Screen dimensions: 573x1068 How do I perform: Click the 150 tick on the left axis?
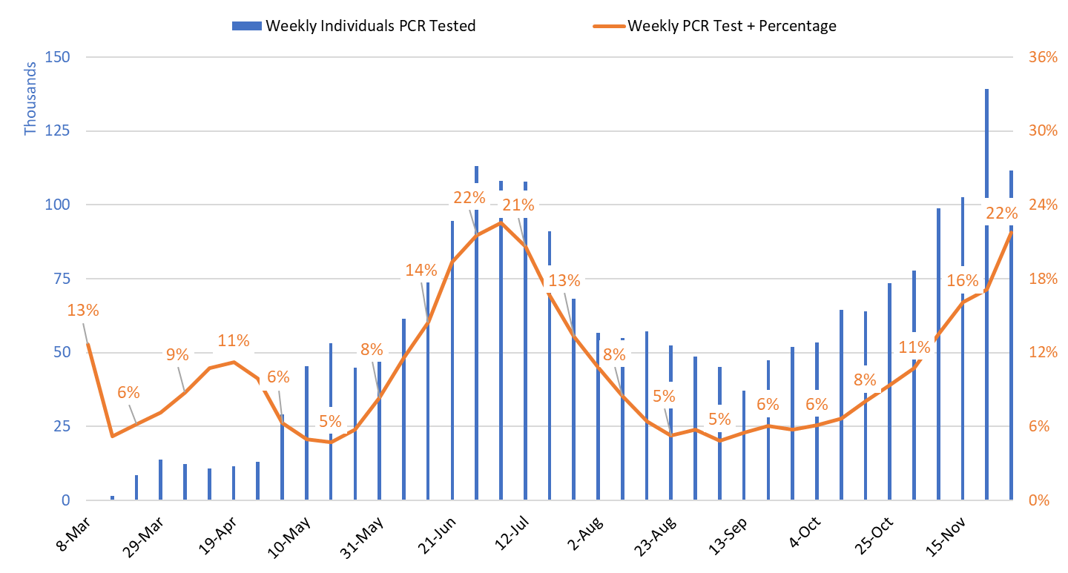click(57, 57)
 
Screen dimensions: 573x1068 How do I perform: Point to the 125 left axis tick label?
click(57, 131)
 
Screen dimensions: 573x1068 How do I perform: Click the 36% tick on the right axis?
click(1042, 57)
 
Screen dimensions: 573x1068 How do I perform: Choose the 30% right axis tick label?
click(1042, 131)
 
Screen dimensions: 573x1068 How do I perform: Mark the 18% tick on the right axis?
click(1042, 279)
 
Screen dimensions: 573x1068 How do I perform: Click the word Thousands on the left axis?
click(30, 99)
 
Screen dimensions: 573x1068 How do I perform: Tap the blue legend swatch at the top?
click(247, 26)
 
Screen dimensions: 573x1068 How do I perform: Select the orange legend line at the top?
click(609, 26)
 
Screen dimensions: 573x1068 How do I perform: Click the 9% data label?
click(177, 354)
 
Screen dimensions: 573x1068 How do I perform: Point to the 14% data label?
click(421, 270)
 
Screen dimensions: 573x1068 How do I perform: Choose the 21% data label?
click(518, 205)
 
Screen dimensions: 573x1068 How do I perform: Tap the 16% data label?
click(963, 280)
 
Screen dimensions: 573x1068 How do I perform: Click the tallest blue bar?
click(987, 297)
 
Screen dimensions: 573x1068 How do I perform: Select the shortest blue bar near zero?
click(113, 498)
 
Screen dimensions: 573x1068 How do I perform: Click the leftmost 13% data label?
click(82, 310)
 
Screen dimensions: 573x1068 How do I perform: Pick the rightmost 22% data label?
click(1001, 213)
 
